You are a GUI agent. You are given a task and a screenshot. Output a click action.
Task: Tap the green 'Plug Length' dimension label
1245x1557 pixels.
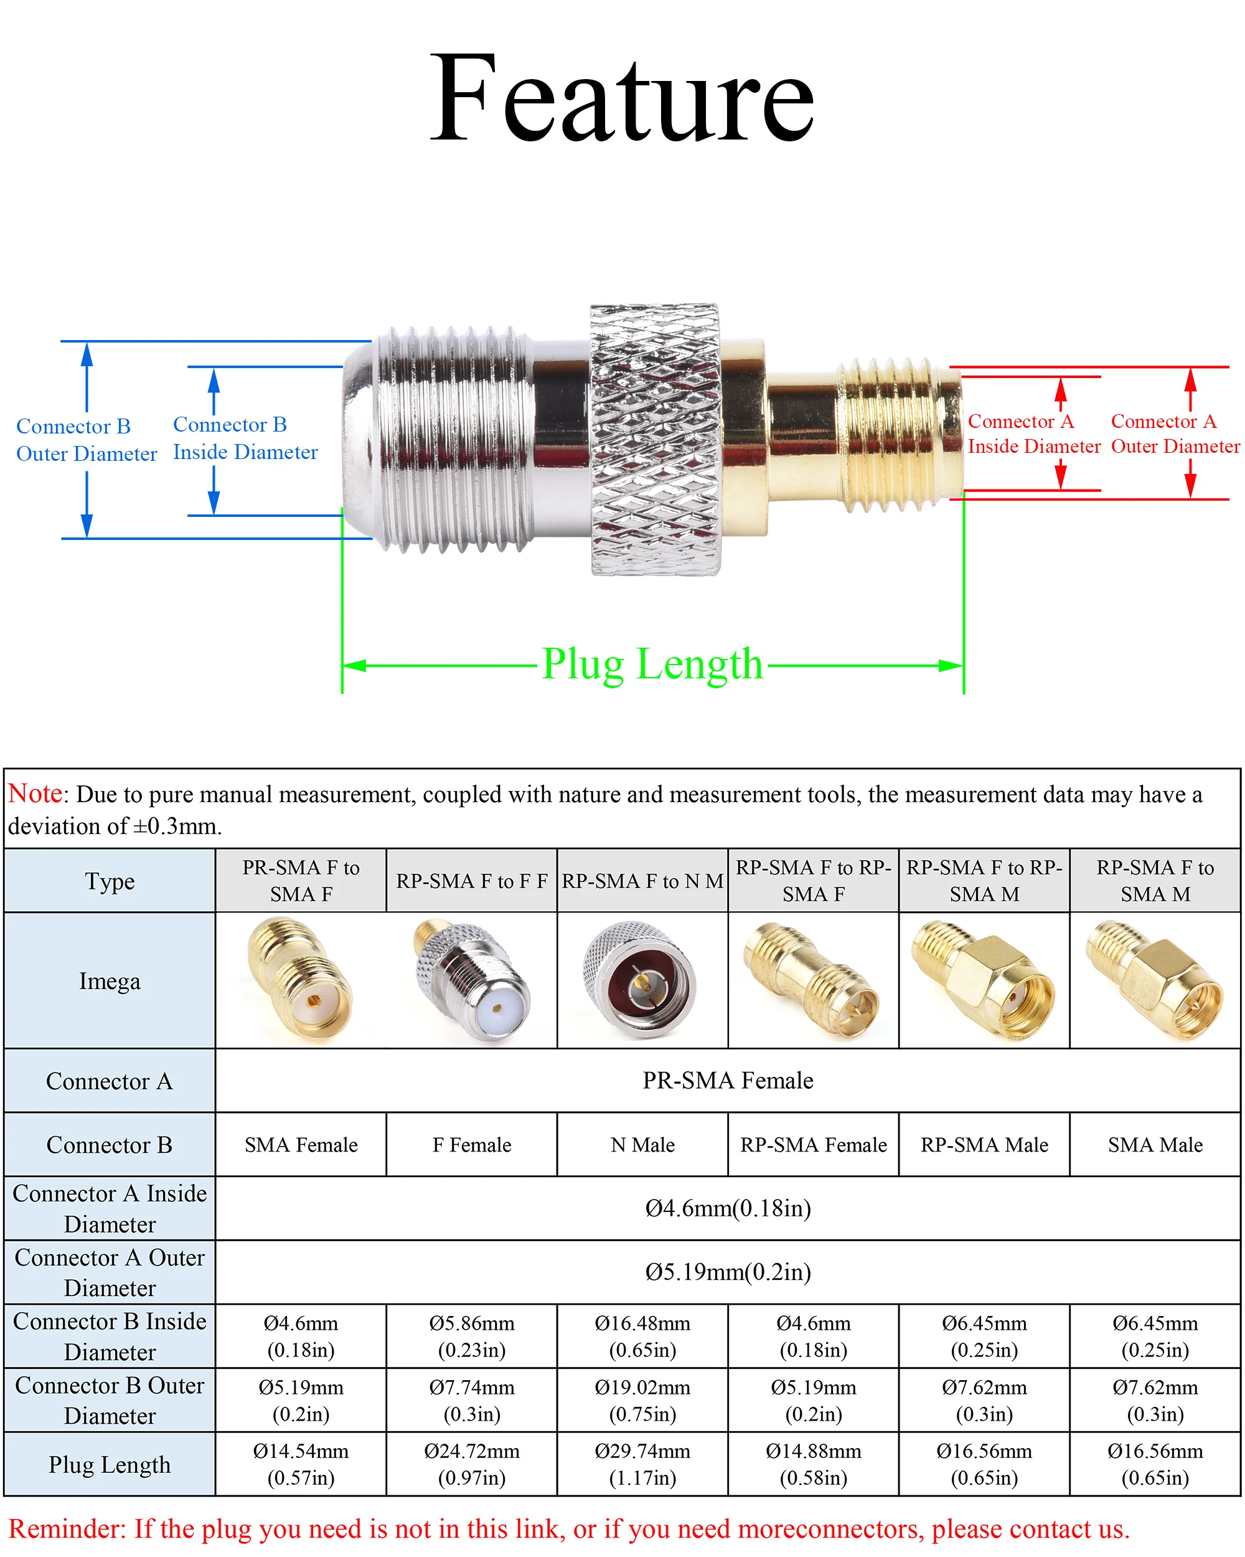(652, 664)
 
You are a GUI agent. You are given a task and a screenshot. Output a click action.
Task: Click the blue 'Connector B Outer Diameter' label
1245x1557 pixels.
(86, 440)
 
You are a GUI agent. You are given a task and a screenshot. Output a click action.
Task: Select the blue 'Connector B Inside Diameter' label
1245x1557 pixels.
(245, 438)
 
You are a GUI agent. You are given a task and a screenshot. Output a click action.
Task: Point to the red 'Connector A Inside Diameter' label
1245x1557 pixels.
(1033, 433)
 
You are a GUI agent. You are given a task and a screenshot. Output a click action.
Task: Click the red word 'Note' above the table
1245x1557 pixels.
(35, 793)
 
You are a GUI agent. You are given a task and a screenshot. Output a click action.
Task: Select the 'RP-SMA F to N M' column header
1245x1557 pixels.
(642, 881)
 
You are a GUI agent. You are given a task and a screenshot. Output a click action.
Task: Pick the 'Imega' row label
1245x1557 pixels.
(110, 981)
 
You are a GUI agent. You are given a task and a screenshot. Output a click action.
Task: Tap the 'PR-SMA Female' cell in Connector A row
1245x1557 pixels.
(728, 1081)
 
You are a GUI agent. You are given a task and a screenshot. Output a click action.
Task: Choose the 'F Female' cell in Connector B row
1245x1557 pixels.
(471, 1145)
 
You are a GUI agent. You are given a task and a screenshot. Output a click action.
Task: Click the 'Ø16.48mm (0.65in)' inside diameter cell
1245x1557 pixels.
(642, 1336)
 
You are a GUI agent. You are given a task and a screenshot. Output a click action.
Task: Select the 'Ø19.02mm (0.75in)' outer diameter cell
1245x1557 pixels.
(642, 1400)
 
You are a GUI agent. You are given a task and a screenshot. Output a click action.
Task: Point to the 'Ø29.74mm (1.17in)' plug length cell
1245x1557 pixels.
(642, 1464)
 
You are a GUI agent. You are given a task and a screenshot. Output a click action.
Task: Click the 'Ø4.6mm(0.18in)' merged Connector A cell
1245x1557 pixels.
(728, 1208)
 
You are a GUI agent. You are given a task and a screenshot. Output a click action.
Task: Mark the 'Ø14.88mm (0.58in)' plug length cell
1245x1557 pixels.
(814, 1464)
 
